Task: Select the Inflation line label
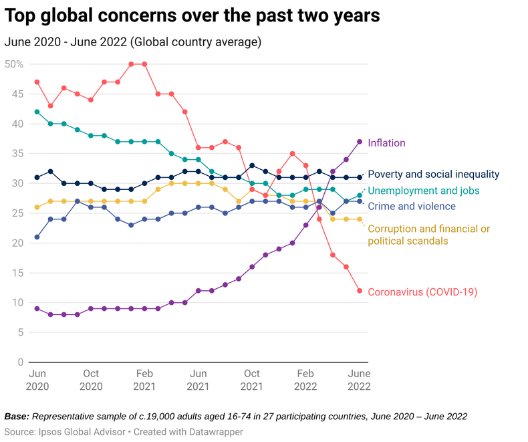(386, 143)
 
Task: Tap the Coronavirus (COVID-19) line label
(422, 292)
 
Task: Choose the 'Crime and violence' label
(412, 207)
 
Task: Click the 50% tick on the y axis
(14, 64)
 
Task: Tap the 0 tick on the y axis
(21, 362)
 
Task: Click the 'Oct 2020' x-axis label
(91, 380)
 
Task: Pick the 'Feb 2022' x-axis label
(305, 380)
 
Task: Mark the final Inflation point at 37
(360, 142)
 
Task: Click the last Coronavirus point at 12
(360, 291)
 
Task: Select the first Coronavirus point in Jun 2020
(37, 82)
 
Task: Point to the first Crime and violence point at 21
(37, 237)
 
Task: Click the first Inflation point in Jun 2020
(37, 308)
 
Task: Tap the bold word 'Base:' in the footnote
(17, 417)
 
